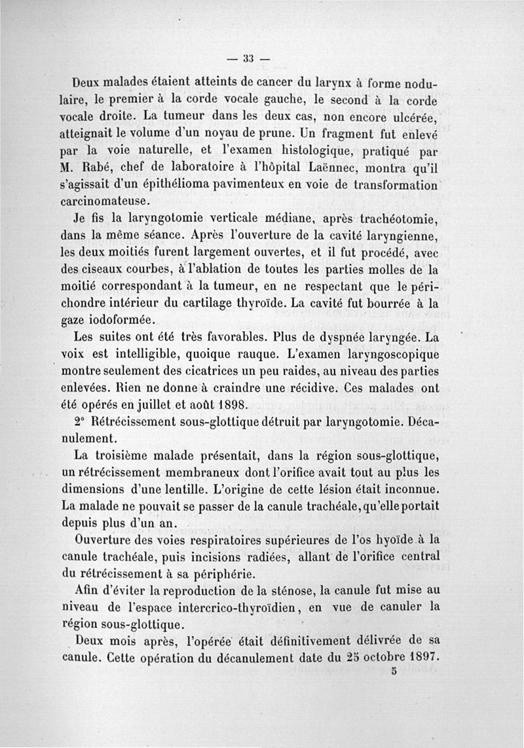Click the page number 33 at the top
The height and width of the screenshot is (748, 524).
[x=248, y=58]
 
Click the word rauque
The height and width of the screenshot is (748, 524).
[x=260, y=355]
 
